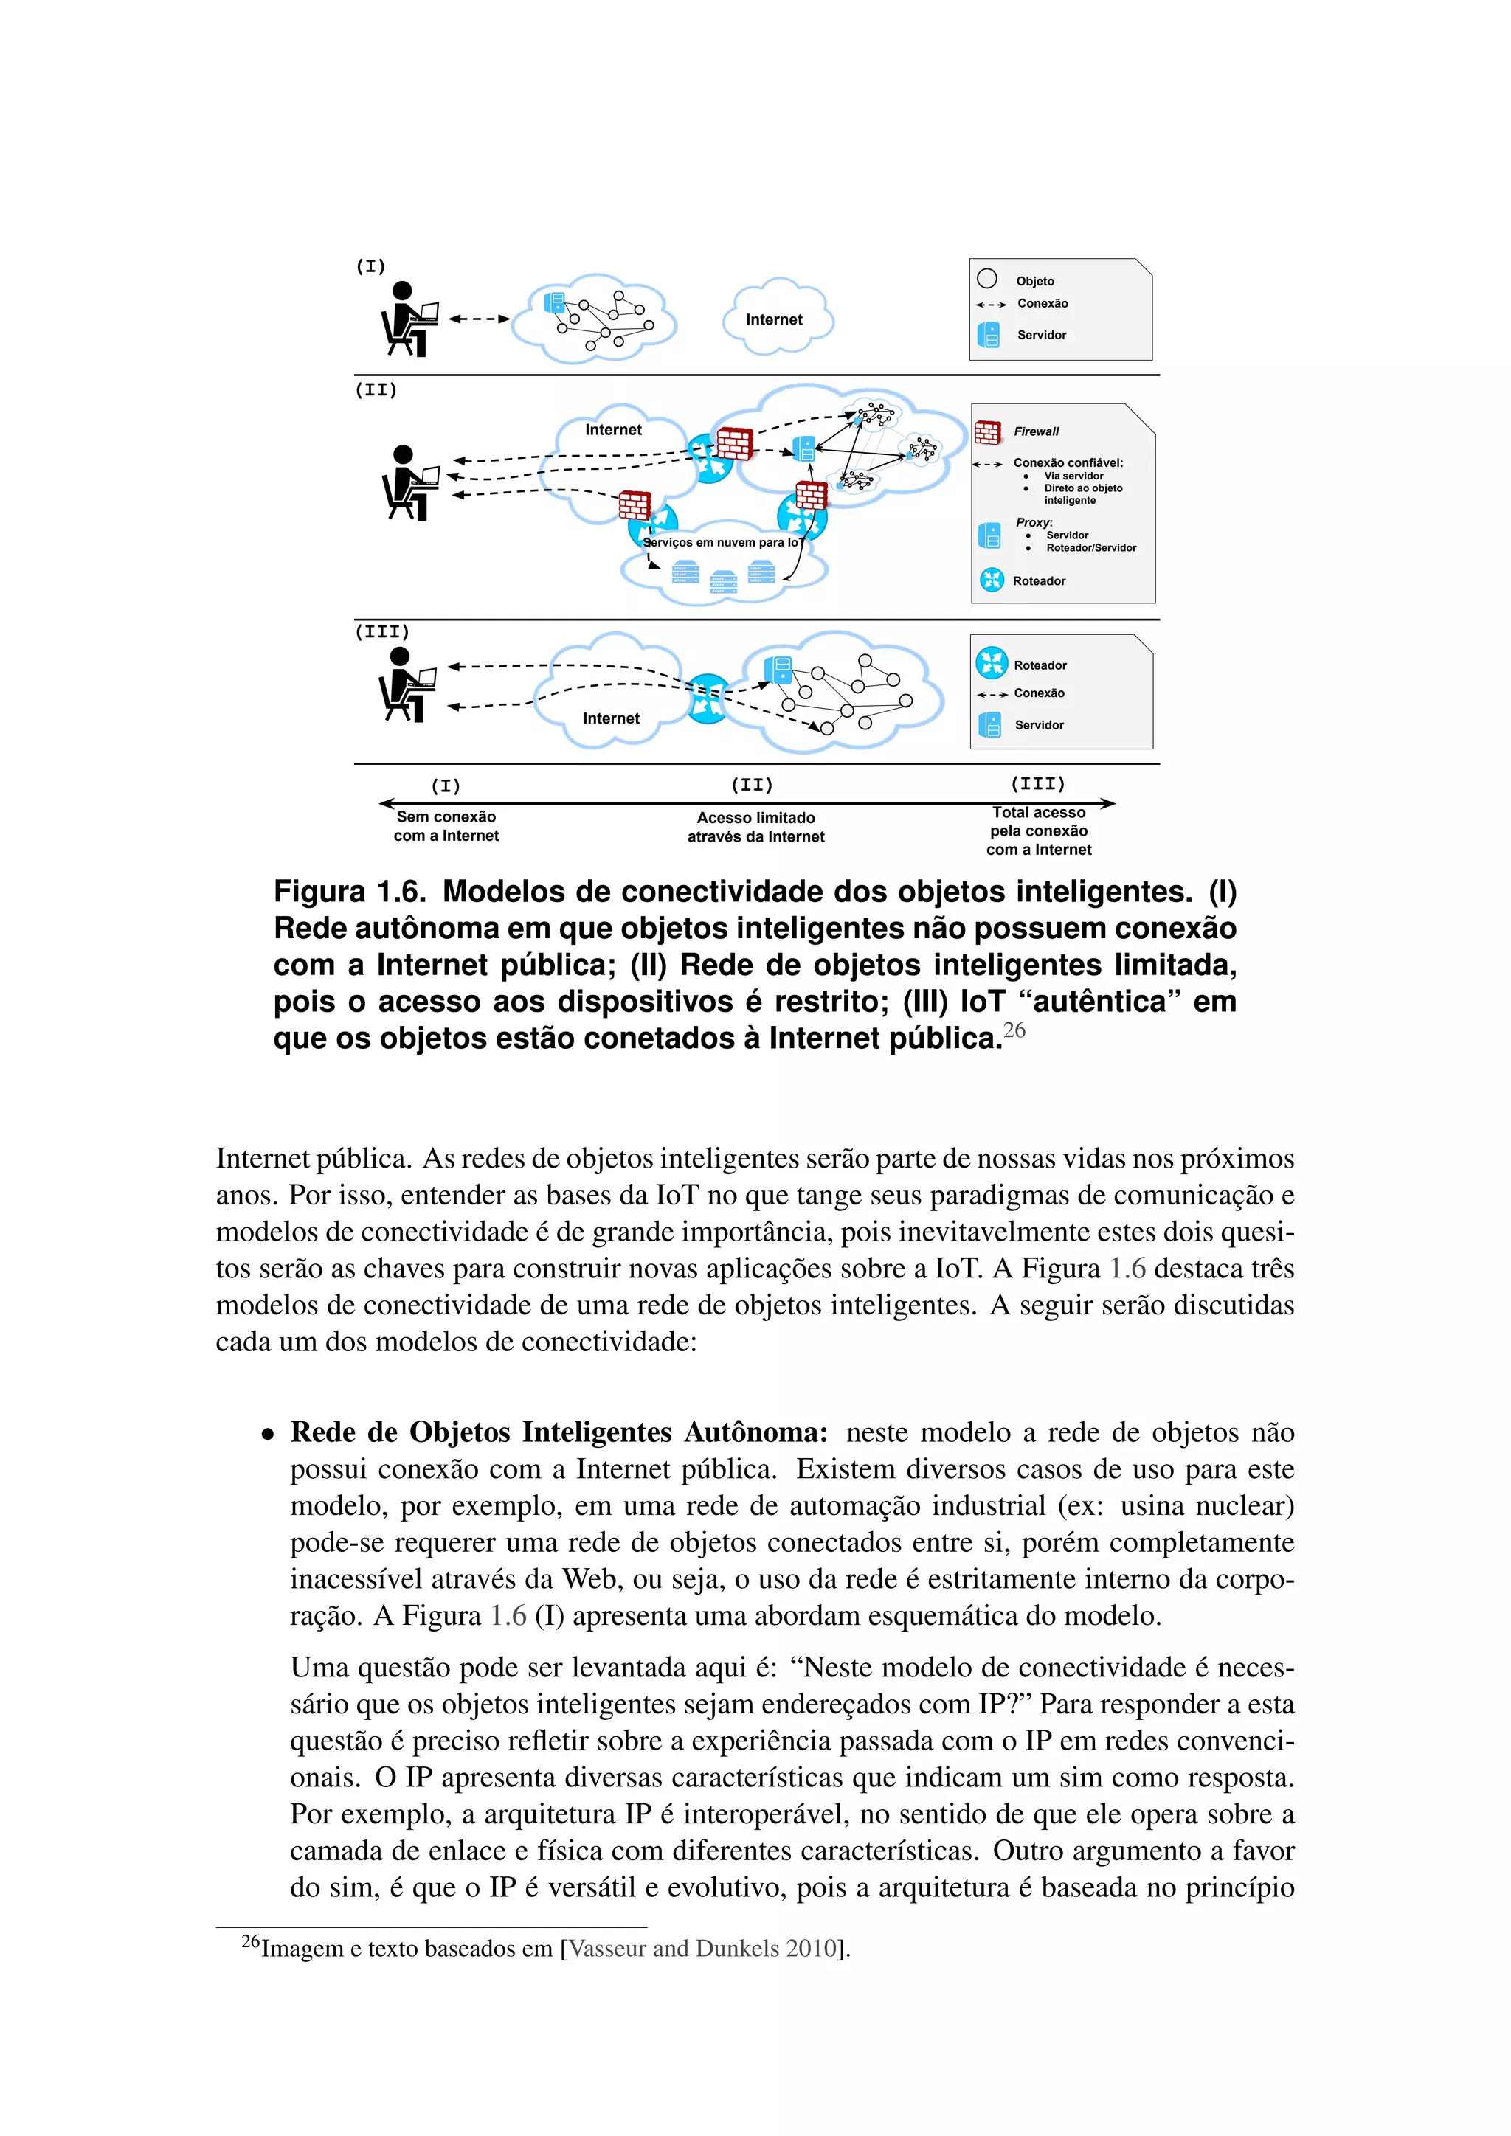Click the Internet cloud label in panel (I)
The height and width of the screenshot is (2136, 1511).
point(773,319)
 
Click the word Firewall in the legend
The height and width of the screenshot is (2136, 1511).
point(1036,431)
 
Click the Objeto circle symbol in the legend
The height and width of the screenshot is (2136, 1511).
point(987,279)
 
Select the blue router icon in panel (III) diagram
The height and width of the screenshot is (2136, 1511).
point(707,698)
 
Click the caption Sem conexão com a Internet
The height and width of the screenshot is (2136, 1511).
point(446,826)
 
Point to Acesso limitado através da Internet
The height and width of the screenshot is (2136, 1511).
point(755,827)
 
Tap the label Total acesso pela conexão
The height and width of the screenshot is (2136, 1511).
point(1038,822)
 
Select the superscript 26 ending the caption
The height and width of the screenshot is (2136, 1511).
point(1014,1030)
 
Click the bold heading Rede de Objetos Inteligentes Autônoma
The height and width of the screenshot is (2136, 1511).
point(559,1432)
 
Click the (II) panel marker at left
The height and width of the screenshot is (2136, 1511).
point(376,389)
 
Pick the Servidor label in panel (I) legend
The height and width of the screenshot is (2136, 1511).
point(1041,335)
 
